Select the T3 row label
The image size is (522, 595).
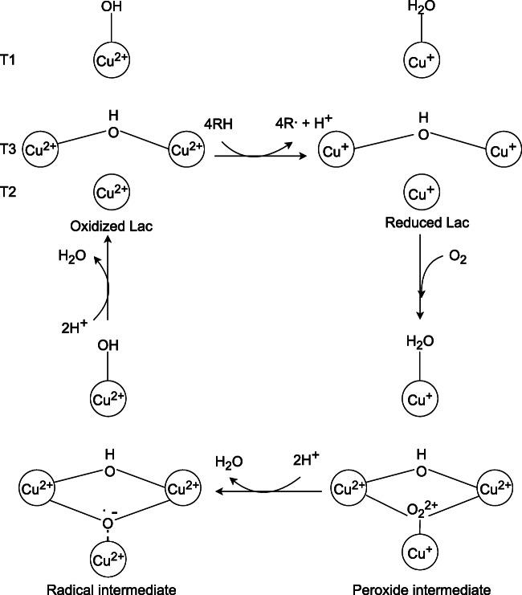11,149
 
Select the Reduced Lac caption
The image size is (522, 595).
418,227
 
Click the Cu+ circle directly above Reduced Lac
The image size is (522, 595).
418,194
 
